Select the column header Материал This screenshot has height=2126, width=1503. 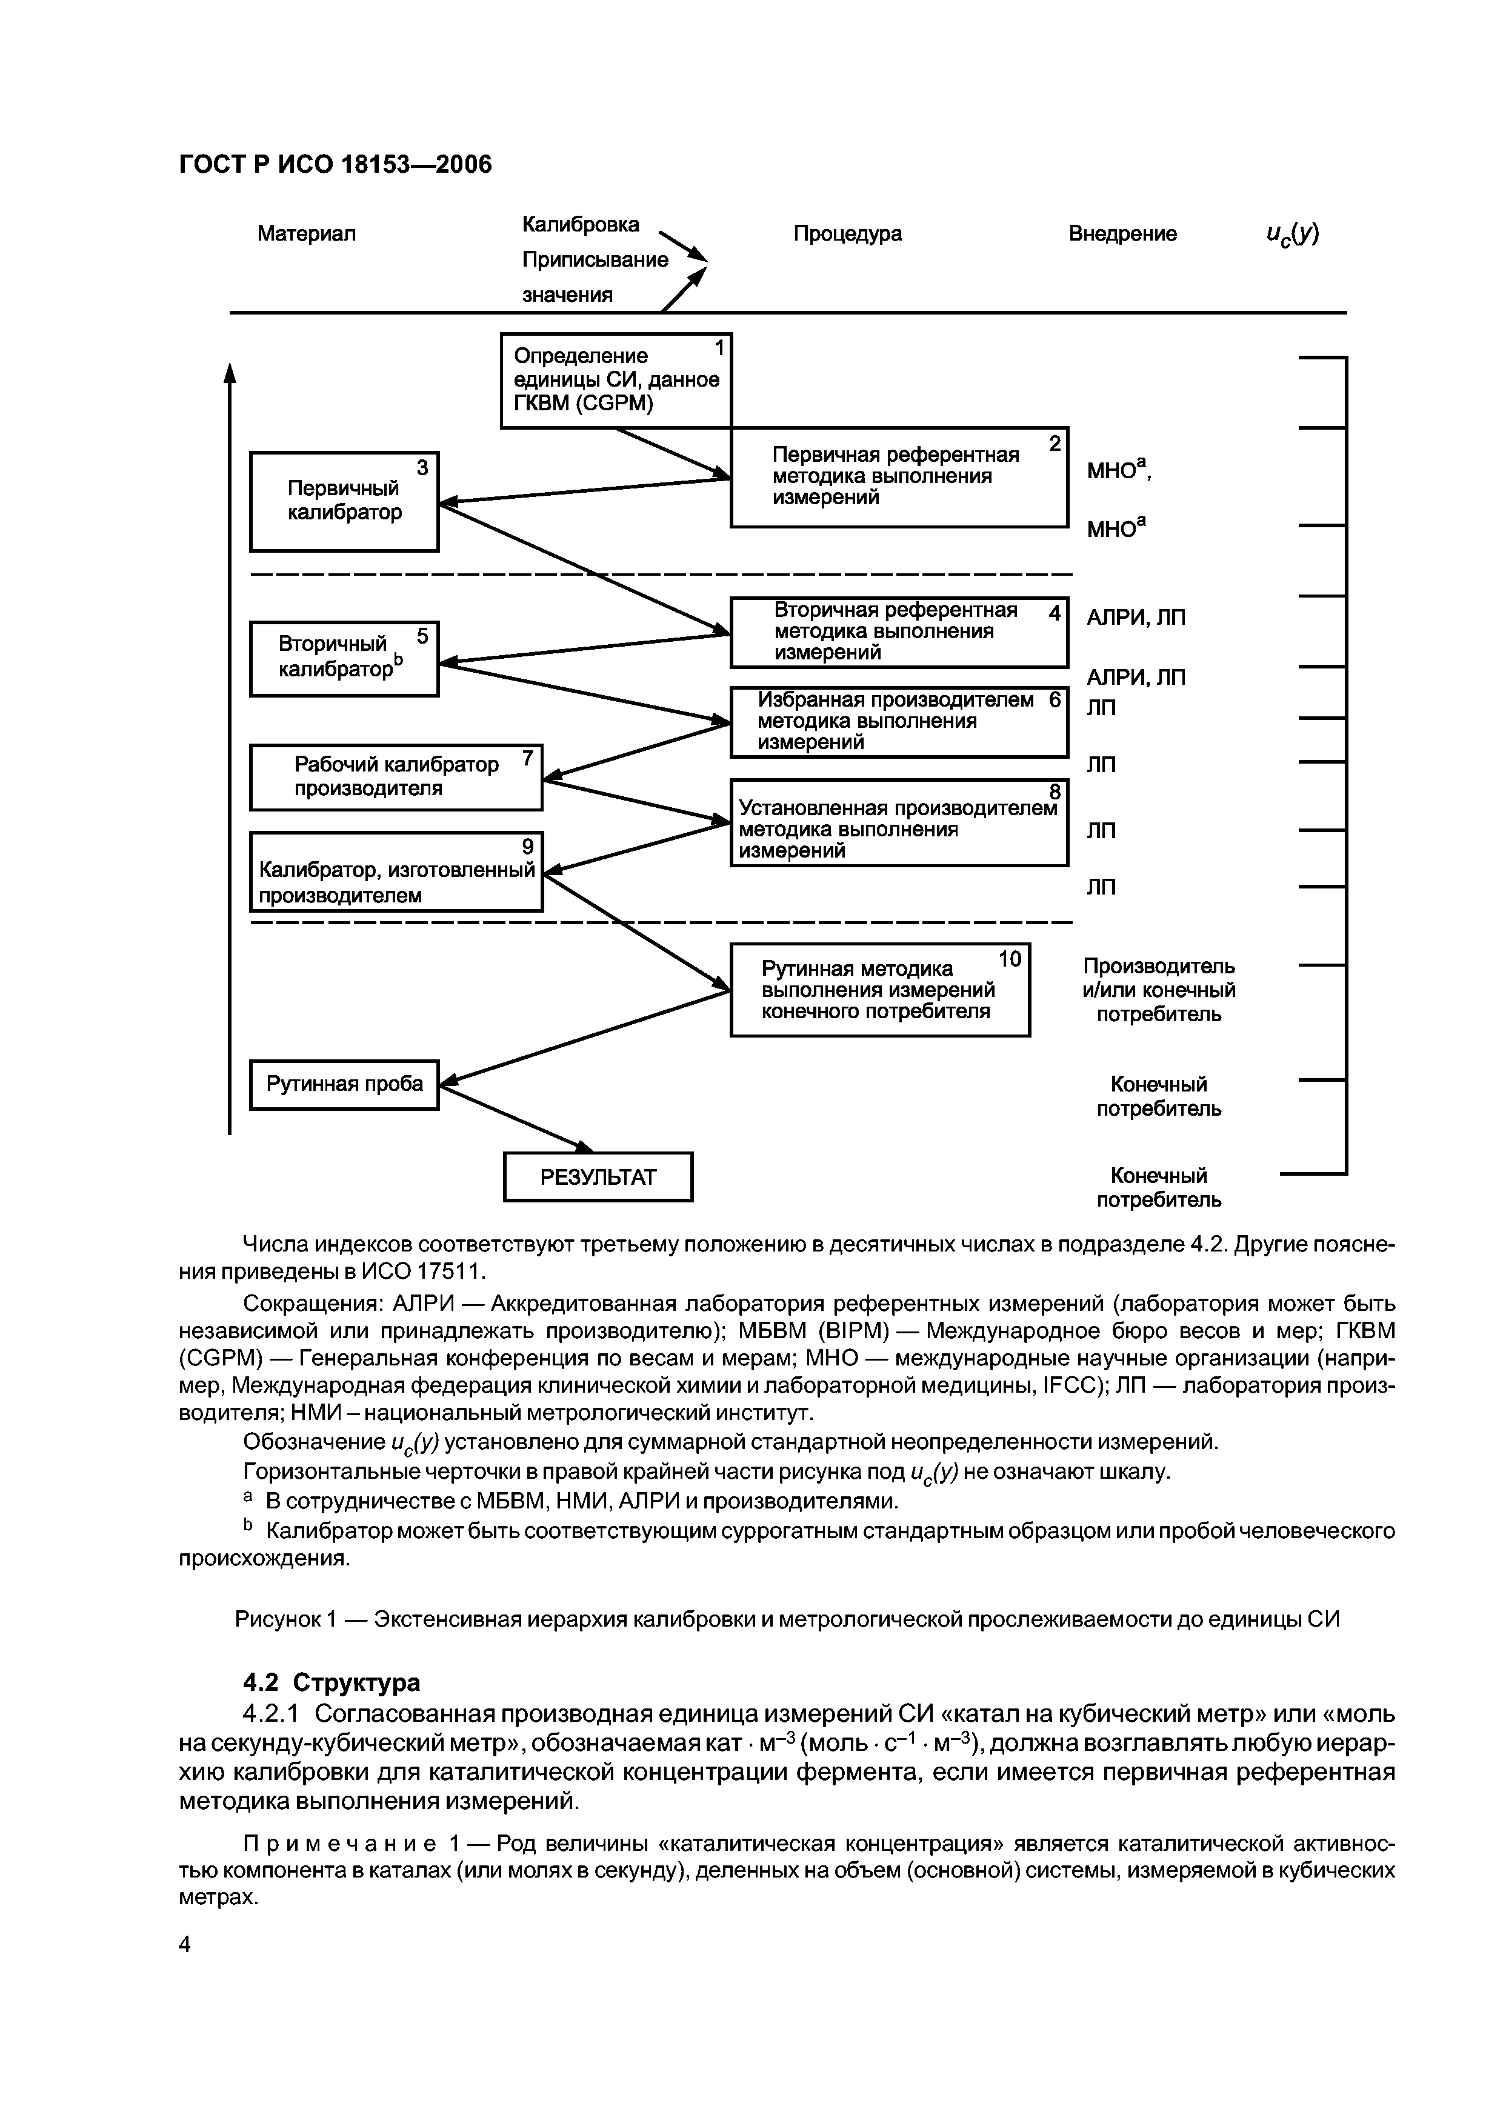(x=307, y=233)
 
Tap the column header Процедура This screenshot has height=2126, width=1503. (x=847, y=233)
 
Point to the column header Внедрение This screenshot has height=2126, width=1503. (x=1122, y=233)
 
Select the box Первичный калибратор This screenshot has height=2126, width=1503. (x=344, y=501)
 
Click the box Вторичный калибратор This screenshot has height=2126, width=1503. (x=344, y=658)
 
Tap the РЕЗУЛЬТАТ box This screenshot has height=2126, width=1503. (x=598, y=1177)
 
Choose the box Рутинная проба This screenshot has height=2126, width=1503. (x=344, y=1084)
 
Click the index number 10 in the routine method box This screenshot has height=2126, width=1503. (x=1010, y=959)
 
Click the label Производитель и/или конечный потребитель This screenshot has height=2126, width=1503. (x=1159, y=990)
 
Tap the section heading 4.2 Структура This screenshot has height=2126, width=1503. (x=331, y=1682)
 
